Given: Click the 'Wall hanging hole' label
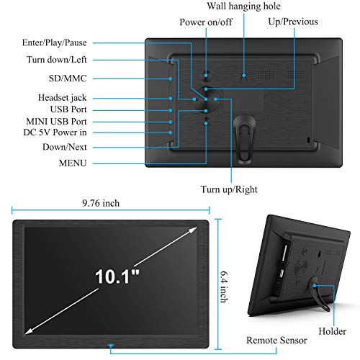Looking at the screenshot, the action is pos(243,6).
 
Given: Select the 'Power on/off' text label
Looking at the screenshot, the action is pos(206,22).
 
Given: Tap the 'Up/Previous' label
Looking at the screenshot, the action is pos(293,22).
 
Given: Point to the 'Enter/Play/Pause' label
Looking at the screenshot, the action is pos(55,42).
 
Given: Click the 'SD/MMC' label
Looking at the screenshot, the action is pos(68,78).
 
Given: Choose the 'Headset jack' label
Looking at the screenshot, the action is pos(63,98).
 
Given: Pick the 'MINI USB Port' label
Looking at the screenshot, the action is pos(56,122).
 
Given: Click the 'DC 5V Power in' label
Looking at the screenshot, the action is pos(55,132).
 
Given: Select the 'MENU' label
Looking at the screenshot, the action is pos(73,163).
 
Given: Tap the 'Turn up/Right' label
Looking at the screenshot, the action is pos(229,189).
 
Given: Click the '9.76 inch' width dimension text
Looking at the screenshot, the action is pos(101,203).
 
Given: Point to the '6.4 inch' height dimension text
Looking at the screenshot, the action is pos(224,287).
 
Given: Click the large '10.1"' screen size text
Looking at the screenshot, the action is pos(117,276).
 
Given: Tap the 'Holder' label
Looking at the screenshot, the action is pos(332,331).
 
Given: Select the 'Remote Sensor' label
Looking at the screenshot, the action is pos(276,341).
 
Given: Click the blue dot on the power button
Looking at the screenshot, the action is pos(206,76).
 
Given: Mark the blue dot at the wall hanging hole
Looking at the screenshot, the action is pos(244,76).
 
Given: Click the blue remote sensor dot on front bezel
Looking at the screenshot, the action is pos(111,346).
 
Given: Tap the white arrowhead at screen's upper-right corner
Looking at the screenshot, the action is pos(193,230).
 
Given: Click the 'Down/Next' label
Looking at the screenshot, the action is pos(65,147).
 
